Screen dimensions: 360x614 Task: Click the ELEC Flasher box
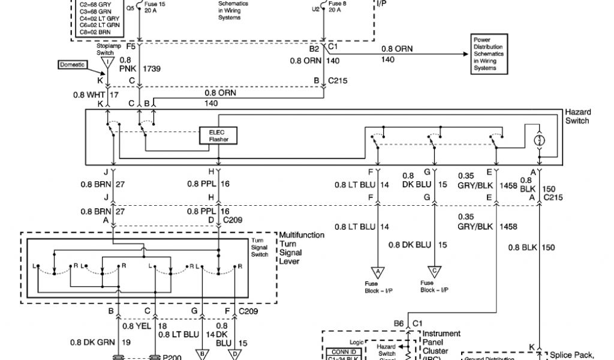(x=218, y=136)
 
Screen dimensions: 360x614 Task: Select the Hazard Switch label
(x=578, y=116)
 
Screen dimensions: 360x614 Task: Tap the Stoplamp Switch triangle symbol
(x=108, y=62)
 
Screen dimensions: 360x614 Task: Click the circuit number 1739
(x=153, y=69)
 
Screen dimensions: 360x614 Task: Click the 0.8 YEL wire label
(x=134, y=326)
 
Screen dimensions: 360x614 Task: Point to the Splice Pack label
(x=576, y=354)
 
